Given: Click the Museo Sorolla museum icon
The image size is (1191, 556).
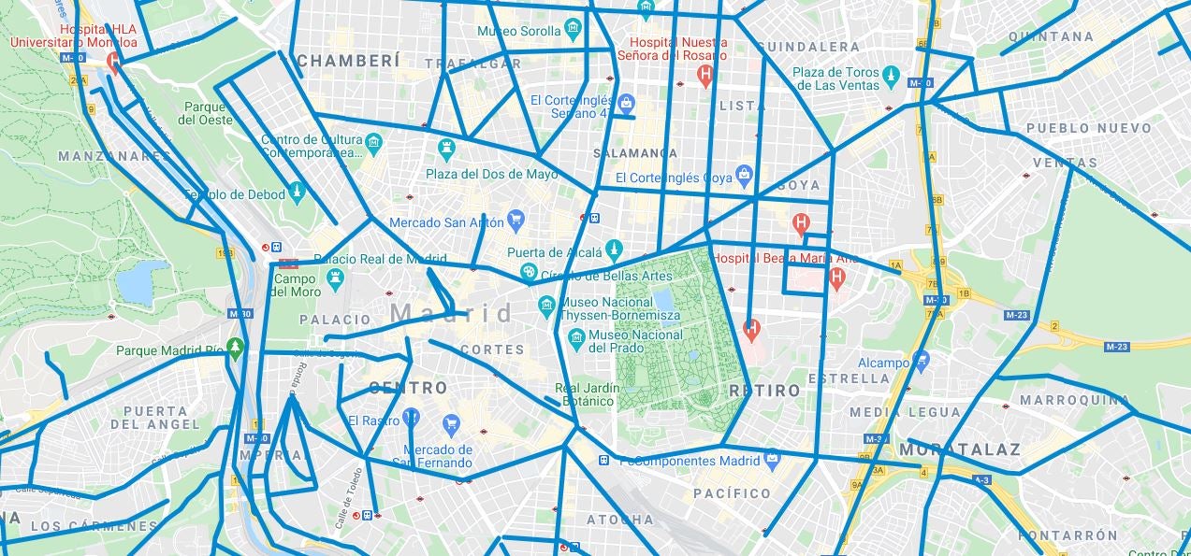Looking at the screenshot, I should (573, 31).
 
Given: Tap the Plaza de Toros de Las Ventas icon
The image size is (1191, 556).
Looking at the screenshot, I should (891, 73).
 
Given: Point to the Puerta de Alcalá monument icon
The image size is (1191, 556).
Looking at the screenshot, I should (614, 250).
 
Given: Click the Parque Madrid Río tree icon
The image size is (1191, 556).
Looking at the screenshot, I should (235, 349).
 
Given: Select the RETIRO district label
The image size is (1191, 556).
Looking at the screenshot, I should (764, 391).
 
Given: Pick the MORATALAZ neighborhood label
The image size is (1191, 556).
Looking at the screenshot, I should (959, 450).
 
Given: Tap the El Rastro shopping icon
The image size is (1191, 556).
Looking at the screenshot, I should (411, 419).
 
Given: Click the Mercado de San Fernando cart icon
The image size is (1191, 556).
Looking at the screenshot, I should (451, 425).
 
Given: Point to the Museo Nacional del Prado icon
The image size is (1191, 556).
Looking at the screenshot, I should (576, 335).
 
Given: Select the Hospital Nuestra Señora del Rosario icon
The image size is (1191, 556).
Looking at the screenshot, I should (705, 75).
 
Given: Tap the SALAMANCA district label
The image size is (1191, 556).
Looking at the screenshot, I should (635, 153).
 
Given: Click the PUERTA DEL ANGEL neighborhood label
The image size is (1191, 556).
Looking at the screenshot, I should (154, 418).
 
